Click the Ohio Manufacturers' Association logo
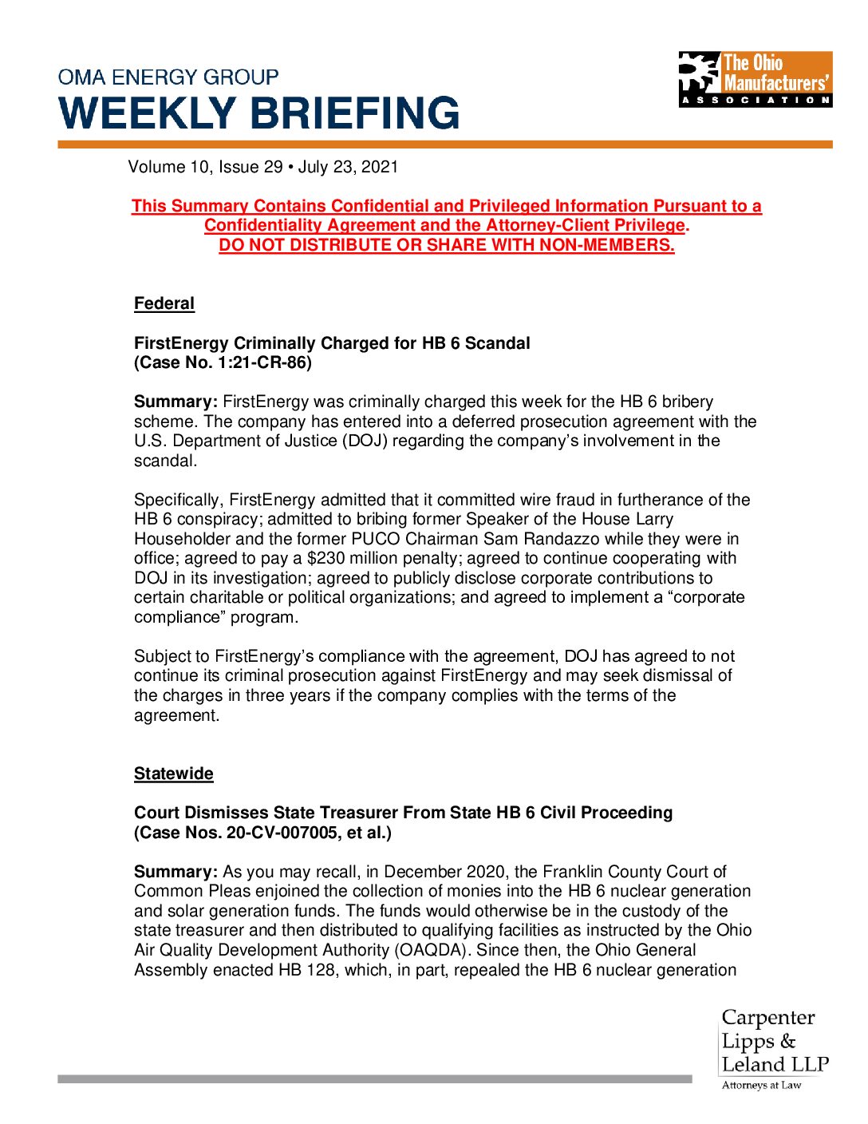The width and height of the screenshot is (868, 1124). pyautogui.click(x=755, y=79)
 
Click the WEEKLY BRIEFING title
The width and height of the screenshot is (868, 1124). pyautogui.click(x=259, y=113)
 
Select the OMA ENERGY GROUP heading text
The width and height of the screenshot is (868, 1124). pyautogui.click(x=168, y=77)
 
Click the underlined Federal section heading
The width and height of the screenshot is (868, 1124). pyautogui.click(x=164, y=303)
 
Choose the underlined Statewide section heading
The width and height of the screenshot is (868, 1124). pyautogui.click(x=174, y=774)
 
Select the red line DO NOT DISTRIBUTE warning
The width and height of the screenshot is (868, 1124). pyautogui.click(x=447, y=245)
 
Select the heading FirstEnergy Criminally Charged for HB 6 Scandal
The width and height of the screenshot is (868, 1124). pyautogui.click(x=332, y=343)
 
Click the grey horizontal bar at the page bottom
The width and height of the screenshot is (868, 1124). pyautogui.click(x=374, y=1079)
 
